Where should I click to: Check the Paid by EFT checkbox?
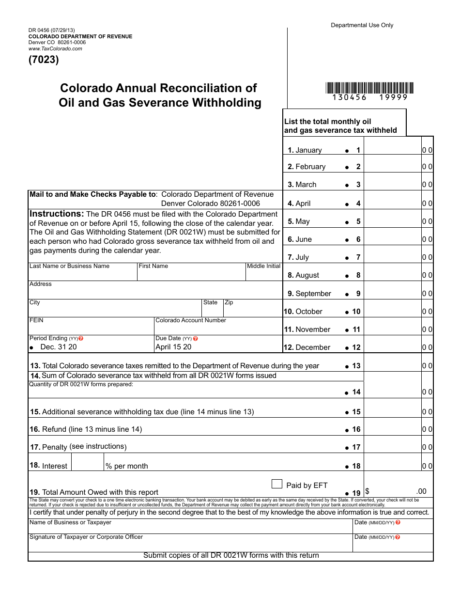coord(277,484)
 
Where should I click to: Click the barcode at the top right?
coord(369,88)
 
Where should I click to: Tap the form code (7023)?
coord(44,60)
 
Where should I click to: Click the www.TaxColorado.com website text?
coord(55,49)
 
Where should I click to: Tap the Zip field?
coord(252,311)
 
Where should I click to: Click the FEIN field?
coord(91,329)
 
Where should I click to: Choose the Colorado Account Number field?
coord(218,329)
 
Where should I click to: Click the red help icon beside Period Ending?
coord(81,339)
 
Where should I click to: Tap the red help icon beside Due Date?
coord(196,339)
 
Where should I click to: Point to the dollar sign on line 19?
coord(368,491)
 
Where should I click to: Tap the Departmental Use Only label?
coord(362,25)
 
